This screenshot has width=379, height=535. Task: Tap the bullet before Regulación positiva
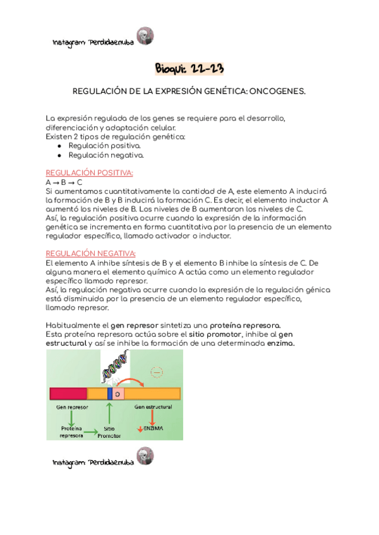click(59, 145)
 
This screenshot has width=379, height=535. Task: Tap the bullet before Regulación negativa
click(59, 154)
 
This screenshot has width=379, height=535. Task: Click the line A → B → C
click(64, 182)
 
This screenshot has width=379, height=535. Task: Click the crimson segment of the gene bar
click(68, 394)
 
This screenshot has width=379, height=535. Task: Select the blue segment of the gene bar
click(110, 394)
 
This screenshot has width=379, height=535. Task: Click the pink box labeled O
click(118, 394)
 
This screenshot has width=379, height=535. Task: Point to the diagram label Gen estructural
click(153, 407)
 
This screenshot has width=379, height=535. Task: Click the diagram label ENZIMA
click(154, 428)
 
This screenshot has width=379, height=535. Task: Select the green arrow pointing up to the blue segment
click(110, 413)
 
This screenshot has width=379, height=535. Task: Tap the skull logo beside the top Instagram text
click(145, 36)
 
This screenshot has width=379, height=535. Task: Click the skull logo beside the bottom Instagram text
click(145, 457)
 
